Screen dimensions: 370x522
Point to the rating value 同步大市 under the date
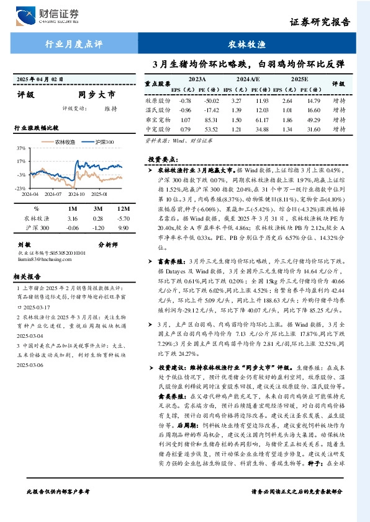(x=96, y=95)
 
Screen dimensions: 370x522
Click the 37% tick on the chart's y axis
(x=21, y=148)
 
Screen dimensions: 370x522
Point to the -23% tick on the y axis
(x=20, y=187)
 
